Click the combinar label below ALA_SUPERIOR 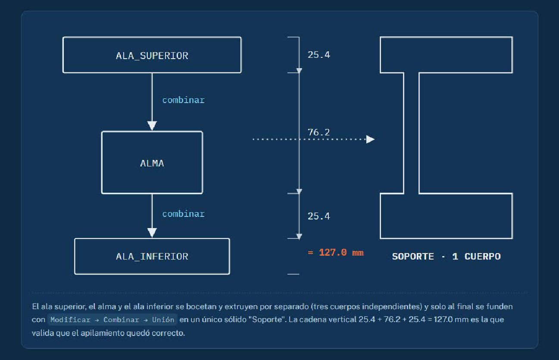click(184, 100)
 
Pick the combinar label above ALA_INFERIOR click(184, 214)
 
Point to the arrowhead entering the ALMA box click(152, 126)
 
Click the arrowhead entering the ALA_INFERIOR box click(152, 233)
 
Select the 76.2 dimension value click(319, 132)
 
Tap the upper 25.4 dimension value click(319, 55)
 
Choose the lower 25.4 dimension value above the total click(319, 216)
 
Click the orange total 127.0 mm click(336, 252)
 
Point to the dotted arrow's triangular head click(370, 139)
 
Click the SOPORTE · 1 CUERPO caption click(446, 257)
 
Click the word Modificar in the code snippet click(70, 320)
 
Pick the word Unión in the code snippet click(163, 319)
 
